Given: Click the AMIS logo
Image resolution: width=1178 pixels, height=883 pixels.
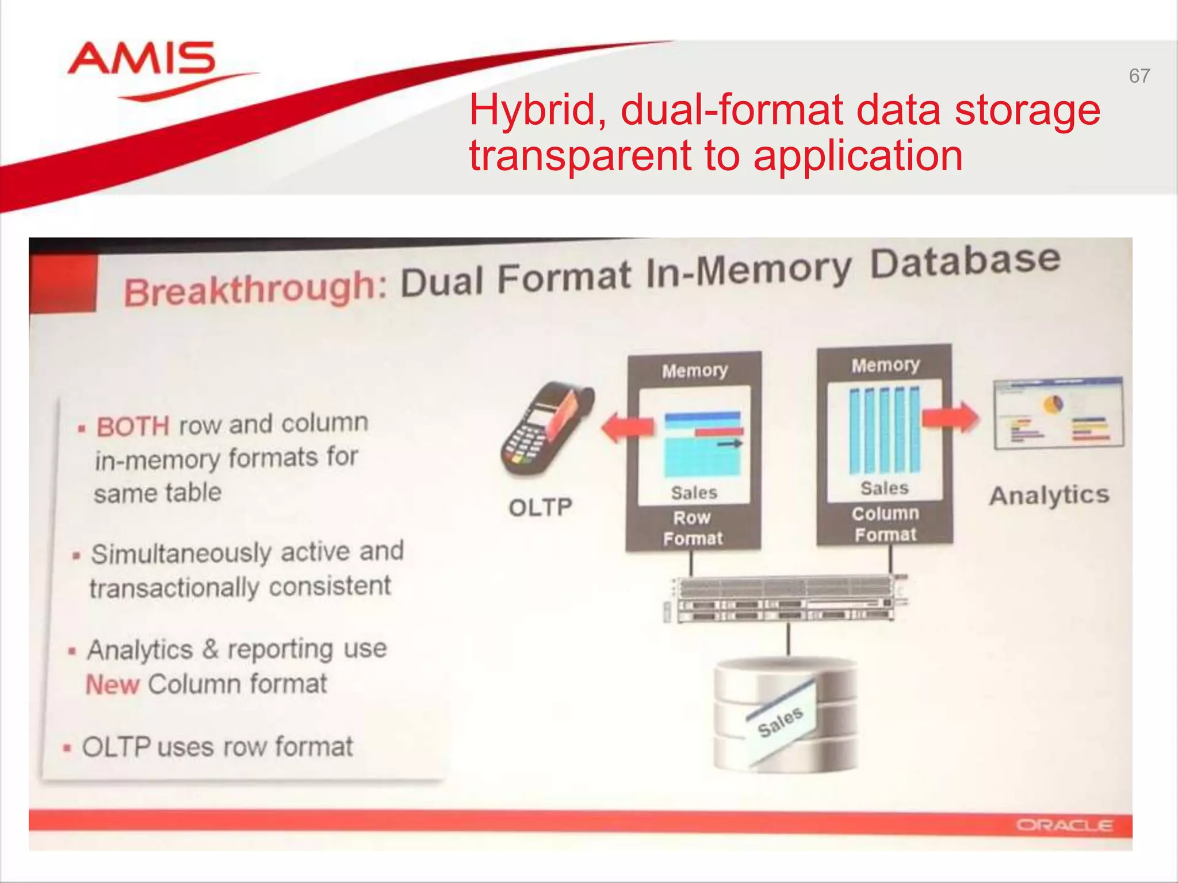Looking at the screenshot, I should [141, 60].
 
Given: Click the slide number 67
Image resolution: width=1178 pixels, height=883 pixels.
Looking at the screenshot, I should [1139, 76].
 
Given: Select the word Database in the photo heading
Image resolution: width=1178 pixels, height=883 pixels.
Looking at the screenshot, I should [965, 262].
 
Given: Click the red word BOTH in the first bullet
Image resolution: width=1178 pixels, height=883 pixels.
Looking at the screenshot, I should [133, 427].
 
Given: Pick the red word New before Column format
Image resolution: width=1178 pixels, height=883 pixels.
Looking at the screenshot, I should [113, 685].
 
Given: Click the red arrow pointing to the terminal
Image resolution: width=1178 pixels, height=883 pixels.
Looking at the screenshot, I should [628, 427].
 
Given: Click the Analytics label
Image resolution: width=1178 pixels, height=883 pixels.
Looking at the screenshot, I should [1049, 495].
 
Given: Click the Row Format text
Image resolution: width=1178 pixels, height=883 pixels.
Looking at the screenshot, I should [693, 528].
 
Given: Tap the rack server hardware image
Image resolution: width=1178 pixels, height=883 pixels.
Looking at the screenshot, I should [785, 598].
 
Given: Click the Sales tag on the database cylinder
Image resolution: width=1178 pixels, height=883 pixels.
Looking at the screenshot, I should [781, 721].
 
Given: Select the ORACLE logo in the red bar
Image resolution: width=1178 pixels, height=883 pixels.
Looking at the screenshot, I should [1064, 826].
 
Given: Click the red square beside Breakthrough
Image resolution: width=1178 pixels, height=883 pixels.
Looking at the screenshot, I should [63, 285].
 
